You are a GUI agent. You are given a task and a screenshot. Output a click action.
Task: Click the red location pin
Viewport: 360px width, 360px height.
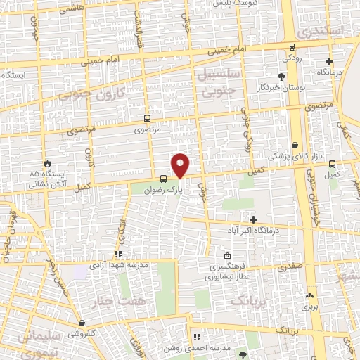pos(181,165)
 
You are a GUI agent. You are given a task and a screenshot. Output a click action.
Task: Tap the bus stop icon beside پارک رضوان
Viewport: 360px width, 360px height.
pos(163,179)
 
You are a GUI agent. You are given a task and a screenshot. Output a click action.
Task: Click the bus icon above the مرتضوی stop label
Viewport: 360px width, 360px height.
pos(147,119)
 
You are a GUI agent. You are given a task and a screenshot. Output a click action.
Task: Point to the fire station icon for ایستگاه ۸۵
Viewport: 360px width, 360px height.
pos(48,161)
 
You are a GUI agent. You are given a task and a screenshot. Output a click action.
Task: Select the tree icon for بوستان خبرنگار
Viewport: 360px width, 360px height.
pos(282,76)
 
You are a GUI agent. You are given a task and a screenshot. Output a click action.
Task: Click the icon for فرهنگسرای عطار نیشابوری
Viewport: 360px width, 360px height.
pos(227,256)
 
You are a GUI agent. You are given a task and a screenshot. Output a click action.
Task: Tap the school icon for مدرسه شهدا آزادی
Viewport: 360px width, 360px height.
pos(118,255)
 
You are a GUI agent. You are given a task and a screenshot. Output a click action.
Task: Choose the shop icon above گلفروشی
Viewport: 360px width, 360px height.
pos(83,324)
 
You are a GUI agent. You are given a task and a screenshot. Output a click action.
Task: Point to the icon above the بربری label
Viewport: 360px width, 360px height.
pos(310,296)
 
